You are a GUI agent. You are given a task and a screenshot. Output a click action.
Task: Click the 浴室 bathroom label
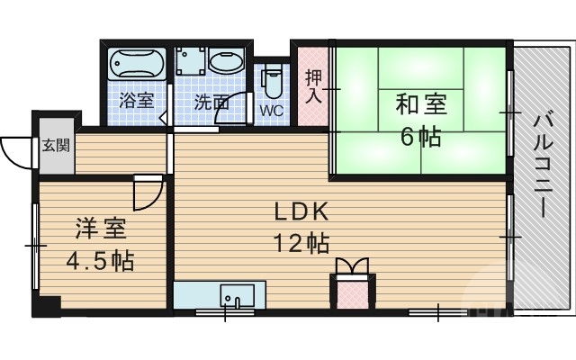point(136,102)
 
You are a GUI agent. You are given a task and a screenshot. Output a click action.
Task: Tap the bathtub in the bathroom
point(139,64)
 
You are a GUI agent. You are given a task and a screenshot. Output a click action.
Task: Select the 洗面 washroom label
point(211,102)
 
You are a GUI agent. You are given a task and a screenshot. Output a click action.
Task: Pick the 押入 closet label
point(312,86)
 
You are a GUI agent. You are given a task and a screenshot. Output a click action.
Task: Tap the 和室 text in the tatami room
point(421,105)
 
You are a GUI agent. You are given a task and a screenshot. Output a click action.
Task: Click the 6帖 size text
point(421,137)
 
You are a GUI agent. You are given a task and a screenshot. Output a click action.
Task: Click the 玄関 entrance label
point(50,145)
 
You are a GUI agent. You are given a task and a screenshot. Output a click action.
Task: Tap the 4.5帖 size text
point(99,261)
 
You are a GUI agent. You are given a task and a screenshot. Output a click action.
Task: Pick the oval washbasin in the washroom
point(225,63)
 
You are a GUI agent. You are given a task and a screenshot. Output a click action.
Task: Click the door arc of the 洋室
point(148,192)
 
